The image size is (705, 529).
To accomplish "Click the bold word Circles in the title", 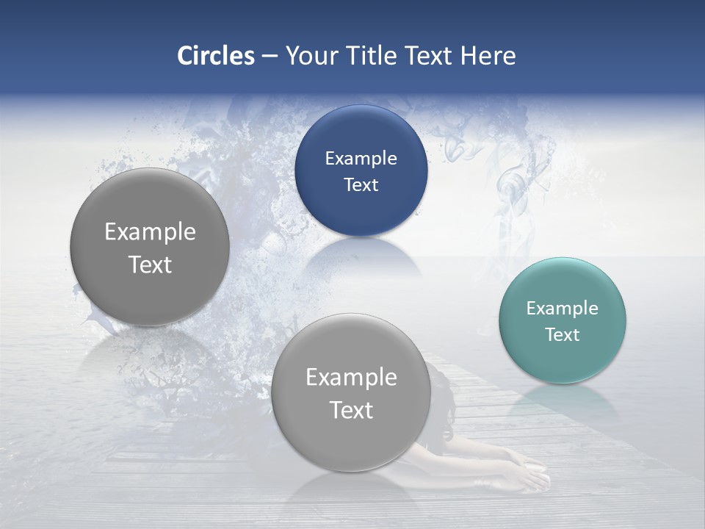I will click(215, 56).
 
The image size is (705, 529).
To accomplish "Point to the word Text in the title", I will click(430, 56).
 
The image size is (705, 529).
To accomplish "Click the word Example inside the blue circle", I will click(361, 158).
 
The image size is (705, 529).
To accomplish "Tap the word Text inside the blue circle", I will click(361, 184).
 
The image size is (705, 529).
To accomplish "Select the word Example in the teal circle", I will click(562, 308).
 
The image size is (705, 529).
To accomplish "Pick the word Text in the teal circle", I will click(562, 334).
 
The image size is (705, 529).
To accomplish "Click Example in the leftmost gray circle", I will click(150, 231).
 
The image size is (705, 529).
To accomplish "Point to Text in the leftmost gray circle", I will click(150, 264).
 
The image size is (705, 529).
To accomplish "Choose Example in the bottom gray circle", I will click(351, 377).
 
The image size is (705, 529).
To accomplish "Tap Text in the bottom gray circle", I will click(351, 410).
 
